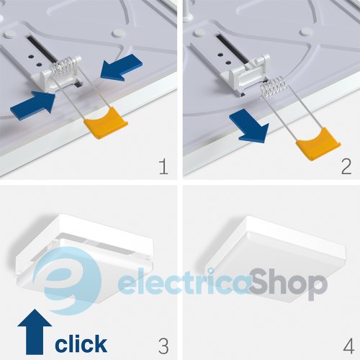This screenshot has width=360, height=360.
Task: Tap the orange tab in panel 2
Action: pyautogui.click(x=318, y=144)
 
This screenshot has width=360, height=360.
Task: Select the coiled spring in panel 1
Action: pyautogui.click(x=63, y=66)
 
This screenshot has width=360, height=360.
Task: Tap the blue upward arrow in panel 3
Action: pyautogui.click(x=35, y=332)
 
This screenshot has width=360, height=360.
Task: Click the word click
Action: pyautogui.click(x=81, y=343)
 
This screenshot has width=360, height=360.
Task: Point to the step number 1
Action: pyautogui.click(x=163, y=166)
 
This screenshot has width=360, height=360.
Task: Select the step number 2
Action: pyautogui.click(x=346, y=166)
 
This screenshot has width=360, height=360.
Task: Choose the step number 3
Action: pyautogui.click(x=163, y=346)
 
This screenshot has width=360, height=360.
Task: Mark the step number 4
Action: pyautogui.click(x=348, y=346)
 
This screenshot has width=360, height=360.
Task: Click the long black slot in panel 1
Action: pyautogui.click(x=42, y=49)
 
